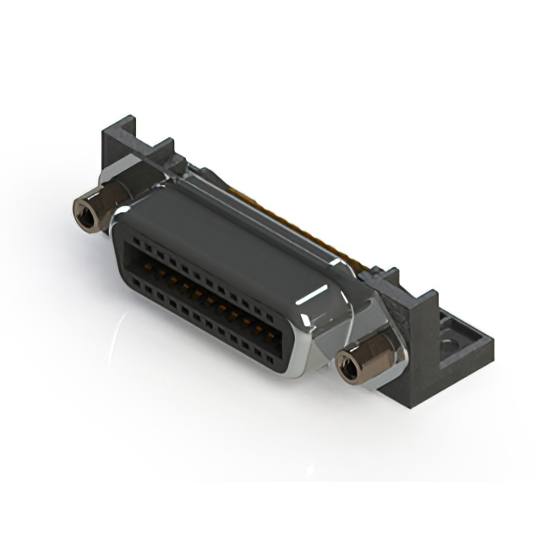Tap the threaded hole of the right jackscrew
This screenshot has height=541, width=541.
[348, 366]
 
